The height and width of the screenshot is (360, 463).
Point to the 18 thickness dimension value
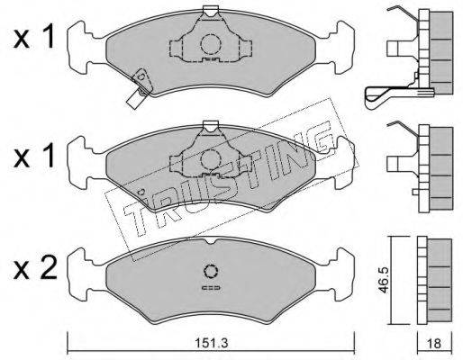[x=434, y=343]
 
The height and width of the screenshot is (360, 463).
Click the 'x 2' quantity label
[x=35, y=268]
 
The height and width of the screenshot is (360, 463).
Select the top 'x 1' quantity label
[x=33, y=37]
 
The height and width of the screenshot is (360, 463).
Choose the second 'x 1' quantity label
[x=33, y=156]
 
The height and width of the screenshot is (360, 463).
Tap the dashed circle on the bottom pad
[x=211, y=272]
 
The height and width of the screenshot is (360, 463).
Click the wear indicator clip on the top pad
[x=139, y=88]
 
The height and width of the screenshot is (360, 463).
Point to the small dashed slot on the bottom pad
[x=211, y=288]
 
